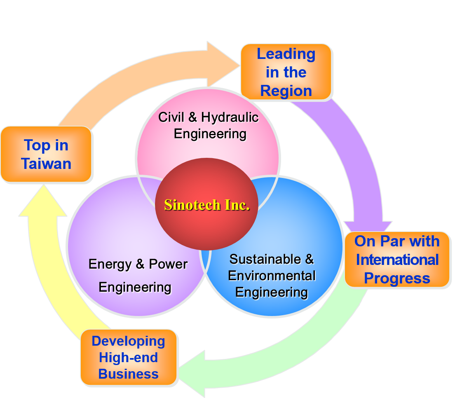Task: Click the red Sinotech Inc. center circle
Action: [x=206, y=222]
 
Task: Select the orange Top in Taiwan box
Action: [x=46, y=155]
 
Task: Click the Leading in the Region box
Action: [x=286, y=72]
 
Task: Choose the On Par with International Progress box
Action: [x=397, y=260]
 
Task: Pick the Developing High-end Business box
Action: [x=129, y=357]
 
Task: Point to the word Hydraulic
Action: [x=230, y=117]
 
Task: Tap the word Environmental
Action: [x=272, y=276]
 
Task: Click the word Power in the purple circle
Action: [x=168, y=264]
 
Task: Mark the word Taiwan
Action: [x=46, y=164]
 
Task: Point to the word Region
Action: [x=286, y=91]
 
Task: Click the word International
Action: [x=397, y=260]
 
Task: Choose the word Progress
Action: [x=397, y=278]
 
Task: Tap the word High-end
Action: [x=129, y=357]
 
